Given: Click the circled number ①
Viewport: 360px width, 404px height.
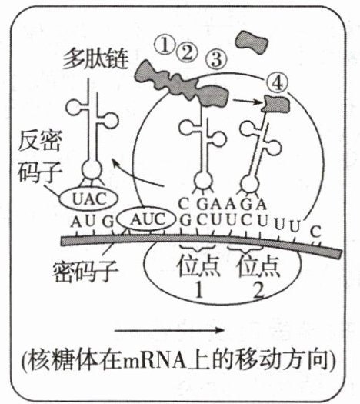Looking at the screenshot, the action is point(165,45).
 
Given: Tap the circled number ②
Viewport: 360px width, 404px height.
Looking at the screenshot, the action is point(187,52).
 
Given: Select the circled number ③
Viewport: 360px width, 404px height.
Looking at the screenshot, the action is point(217,60).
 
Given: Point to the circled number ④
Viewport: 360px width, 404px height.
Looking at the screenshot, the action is point(277,82).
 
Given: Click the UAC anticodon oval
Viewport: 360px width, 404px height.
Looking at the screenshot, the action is point(88,199).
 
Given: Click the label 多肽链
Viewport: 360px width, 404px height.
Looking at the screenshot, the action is point(96,58).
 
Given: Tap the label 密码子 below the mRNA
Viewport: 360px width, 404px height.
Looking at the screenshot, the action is point(85,272).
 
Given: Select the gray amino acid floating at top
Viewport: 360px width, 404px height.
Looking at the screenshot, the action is point(252,42).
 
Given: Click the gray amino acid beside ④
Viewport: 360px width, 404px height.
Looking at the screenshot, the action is point(276,104).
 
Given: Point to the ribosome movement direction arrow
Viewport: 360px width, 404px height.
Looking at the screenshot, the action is point(169,330).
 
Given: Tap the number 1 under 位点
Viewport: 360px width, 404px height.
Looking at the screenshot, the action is point(198,289).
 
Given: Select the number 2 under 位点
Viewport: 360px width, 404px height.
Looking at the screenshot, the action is point(258,289).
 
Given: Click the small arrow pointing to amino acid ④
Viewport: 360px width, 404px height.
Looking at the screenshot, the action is point(247,102).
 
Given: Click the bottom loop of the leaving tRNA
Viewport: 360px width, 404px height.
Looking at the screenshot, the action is point(92,169).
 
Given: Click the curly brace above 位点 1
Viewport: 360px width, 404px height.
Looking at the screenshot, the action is point(197,248).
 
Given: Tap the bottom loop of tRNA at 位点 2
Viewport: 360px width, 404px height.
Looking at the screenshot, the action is point(250,184).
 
